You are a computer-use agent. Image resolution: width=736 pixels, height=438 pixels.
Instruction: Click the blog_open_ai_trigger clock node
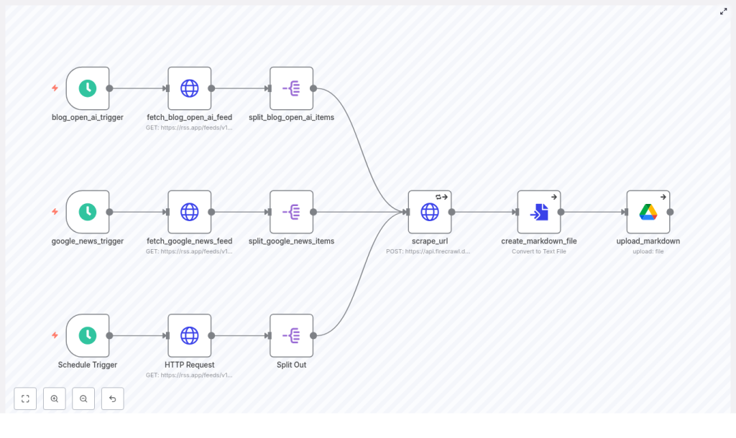pos(88,88)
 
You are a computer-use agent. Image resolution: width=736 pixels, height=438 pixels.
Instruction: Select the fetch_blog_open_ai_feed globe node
pos(190,88)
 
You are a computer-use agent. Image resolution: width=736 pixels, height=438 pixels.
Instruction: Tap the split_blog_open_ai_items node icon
pos(292,88)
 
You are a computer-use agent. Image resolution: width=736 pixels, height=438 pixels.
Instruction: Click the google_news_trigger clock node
pos(88,212)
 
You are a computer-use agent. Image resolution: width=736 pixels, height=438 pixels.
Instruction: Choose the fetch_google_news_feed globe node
pos(190,212)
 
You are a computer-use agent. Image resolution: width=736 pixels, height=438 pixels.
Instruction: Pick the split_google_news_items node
pos(292,212)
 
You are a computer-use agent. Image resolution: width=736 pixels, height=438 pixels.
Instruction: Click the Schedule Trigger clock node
pos(88,335)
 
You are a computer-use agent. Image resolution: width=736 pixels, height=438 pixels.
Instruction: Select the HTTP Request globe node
pos(190,335)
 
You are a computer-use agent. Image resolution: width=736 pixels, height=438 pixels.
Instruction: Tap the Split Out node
pos(292,335)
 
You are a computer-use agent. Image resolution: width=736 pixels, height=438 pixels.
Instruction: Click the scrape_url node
pos(430,212)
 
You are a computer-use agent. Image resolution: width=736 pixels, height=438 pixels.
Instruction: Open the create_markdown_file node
pos(539,212)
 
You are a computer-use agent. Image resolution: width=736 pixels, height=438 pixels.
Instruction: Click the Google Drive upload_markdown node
pos(648,212)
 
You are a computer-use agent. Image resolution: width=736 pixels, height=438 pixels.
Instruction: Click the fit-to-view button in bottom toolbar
pos(25,399)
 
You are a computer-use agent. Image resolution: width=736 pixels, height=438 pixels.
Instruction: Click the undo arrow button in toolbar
pos(112,399)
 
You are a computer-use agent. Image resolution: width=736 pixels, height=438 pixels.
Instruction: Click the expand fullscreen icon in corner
pos(724,11)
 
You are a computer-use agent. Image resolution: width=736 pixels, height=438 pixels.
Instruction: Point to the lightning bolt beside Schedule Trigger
pos(55,335)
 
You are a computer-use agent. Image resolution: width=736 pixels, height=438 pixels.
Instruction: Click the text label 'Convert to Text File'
pos(539,251)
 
